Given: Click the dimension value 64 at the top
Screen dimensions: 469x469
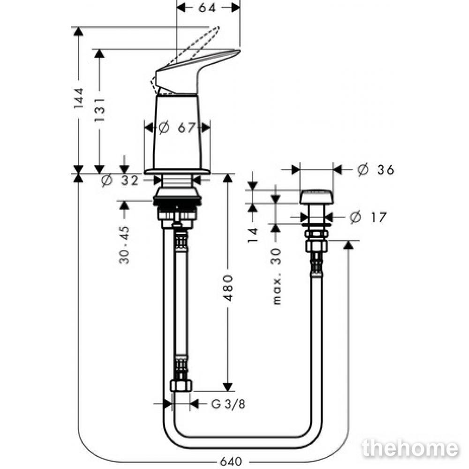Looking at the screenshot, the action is coord(207,8).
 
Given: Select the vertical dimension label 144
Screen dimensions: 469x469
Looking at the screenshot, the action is coord(79,98).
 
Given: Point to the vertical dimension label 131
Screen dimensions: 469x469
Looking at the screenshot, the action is coord(100,110).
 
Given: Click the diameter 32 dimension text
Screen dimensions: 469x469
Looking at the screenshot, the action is coord(120,181).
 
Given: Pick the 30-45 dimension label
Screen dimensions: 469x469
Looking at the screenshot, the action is coord(124,245).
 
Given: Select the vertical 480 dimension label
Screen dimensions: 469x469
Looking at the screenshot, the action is coord(228,288).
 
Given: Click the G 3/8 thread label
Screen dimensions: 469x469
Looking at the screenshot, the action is coord(228,404).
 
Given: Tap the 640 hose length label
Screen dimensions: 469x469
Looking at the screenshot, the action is coord(231,461).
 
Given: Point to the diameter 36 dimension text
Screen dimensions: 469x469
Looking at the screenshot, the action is coord(376,170).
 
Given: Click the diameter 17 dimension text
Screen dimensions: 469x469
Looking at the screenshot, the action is coord(368,217).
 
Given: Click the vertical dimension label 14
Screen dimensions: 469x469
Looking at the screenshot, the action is coord(253,235).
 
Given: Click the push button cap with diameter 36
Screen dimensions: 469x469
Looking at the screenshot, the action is coord(317,197).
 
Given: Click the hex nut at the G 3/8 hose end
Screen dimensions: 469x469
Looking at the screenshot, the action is coord(181,386).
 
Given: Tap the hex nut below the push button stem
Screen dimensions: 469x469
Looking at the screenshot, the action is coord(317,246).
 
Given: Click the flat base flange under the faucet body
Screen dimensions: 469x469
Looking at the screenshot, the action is coord(177,172).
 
